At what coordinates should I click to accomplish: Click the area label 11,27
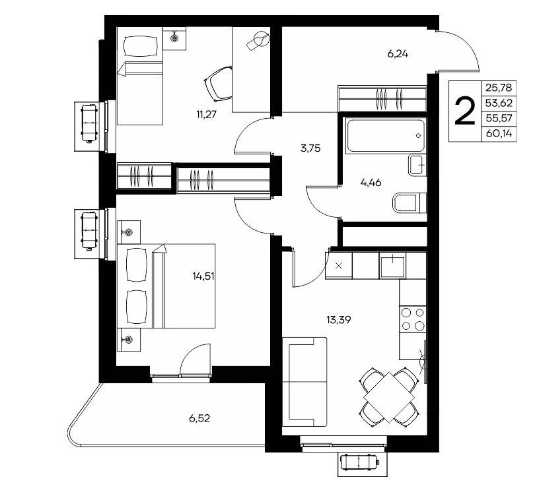(206, 114)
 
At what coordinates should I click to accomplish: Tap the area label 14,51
(203, 276)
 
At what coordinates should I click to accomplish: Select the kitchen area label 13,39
(338, 320)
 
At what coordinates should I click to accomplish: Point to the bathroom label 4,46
(371, 183)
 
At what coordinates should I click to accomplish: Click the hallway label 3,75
(310, 148)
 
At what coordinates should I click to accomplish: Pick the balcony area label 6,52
(199, 418)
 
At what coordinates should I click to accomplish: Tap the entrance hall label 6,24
(398, 54)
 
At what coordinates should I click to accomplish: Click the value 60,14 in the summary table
(499, 133)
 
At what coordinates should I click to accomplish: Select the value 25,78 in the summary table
(499, 88)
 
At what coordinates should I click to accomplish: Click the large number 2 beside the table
(465, 111)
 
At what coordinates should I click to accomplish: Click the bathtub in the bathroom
(386, 136)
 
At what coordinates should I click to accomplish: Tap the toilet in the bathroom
(410, 203)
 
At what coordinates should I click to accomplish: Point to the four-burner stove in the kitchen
(413, 319)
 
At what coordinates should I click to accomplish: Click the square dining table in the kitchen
(389, 397)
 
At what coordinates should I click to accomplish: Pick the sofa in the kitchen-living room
(304, 381)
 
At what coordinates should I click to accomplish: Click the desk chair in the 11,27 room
(219, 84)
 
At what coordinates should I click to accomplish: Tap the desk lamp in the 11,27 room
(258, 41)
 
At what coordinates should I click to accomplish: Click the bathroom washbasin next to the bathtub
(417, 165)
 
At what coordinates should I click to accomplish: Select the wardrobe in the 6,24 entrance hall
(382, 99)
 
